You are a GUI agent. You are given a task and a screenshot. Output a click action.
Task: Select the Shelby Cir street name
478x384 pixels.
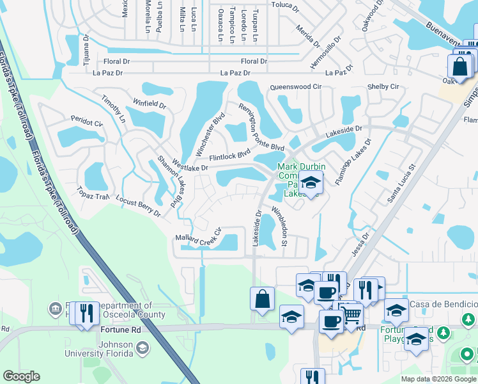pos(383,86)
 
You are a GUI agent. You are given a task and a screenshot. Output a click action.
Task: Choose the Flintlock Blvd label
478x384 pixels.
pos(229,155)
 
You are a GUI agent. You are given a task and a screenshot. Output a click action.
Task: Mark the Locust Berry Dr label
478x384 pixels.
pos(138,207)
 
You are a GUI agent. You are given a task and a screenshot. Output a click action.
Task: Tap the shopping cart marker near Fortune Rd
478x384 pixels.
pos(351,313)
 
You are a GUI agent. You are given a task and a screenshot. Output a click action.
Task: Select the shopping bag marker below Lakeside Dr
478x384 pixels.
pos(262,298)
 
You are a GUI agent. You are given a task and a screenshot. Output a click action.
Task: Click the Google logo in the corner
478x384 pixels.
pos(22,376)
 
